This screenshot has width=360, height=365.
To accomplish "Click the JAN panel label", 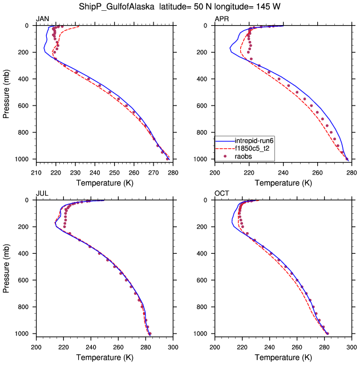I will (x=42, y=19).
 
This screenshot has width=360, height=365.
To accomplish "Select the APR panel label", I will (x=221, y=19).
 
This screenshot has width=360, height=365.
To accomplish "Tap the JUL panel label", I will (x=42, y=194).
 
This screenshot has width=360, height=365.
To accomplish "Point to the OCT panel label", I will (x=222, y=194).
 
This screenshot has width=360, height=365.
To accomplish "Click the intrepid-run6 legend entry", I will (x=256, y=141).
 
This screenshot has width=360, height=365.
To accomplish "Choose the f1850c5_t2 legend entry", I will (x=254, y=148).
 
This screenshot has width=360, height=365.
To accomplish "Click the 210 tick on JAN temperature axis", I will (x=36, y=172).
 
